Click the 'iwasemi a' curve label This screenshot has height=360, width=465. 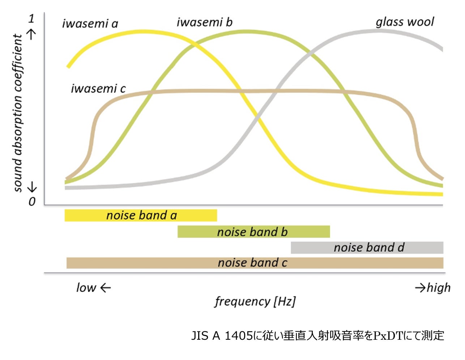coord(90,24)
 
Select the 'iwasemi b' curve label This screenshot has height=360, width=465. coord(204,22)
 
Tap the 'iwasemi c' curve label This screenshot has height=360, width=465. coord(98,89)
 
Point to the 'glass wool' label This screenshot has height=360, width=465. coord(405,22)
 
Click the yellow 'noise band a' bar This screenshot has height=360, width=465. coord(141,215)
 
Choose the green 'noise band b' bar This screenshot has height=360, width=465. coord(253,232)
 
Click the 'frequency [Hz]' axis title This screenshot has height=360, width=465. coord(255,301)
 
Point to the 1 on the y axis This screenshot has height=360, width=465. coord(31,18)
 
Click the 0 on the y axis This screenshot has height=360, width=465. coord(32,201)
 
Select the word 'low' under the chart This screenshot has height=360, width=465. coord(86,288)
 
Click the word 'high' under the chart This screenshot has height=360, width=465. coord(439,288)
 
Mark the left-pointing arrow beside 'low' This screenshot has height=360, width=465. coord(105,288)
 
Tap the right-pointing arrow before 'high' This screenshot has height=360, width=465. coord(420,288)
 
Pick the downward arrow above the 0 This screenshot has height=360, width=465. coord(32,187)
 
